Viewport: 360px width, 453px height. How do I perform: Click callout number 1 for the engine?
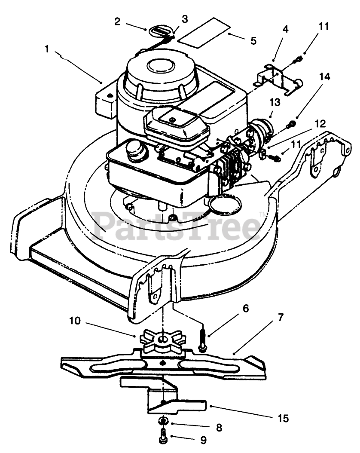[47, 49]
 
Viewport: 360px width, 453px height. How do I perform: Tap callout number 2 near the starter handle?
[117, 21]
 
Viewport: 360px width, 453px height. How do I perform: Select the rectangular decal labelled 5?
[204, 32]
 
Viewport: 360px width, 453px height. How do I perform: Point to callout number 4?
[286, 29]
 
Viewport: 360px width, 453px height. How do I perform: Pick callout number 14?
[324, 77]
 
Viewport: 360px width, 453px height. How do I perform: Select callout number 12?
[320, 124]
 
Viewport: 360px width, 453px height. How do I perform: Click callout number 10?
[75, 321]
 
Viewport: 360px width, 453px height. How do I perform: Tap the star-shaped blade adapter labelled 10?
[163, 342]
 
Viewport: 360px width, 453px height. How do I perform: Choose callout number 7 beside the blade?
[281, 317]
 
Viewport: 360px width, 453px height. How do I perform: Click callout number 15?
[283, 418]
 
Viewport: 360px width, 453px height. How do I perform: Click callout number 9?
[203, 440]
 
